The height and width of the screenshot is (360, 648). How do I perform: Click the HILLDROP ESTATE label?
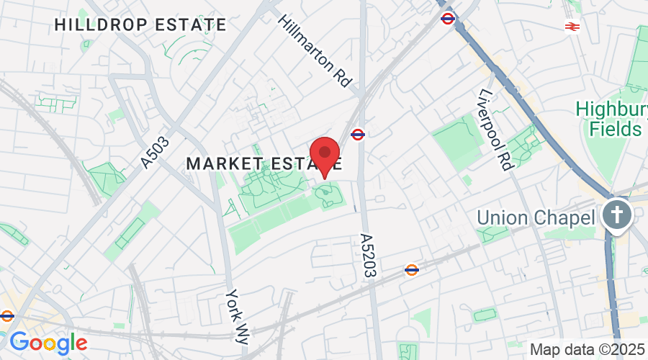tap(140, 24)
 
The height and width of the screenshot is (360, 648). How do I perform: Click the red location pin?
tap(325, 153)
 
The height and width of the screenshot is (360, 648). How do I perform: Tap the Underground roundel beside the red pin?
tap(357, 134)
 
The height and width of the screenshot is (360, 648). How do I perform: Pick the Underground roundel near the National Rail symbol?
tap(447, 19)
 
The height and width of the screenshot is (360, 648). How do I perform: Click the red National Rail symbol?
tap(573, 27)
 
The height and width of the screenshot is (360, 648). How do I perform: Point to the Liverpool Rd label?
tap(496, 130)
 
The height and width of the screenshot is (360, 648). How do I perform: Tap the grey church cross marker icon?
tap(616, 214)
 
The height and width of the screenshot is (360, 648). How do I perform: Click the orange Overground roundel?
tap(412, 270)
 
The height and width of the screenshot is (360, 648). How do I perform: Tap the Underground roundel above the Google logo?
tap(7, 315)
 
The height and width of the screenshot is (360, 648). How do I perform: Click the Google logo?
tap(48, 342)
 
